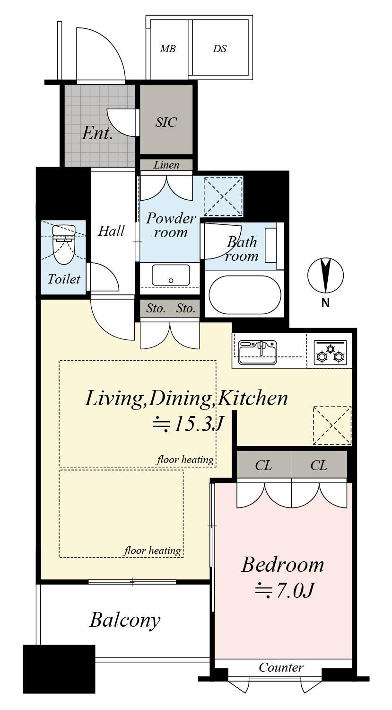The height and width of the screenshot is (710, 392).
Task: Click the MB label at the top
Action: [x=168, y=49]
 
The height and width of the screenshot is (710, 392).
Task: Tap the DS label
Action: [x=220, y=49]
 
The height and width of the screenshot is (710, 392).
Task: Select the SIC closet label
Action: [x=166, y=122]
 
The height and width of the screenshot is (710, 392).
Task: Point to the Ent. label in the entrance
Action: [x=97, y=133]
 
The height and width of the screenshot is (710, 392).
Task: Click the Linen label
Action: [x=166, y=165]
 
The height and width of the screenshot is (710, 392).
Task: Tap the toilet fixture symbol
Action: [x=64, y=244]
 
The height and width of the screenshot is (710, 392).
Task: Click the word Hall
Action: [x=111, y=231]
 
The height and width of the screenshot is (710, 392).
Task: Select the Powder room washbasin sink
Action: [x=171, y=275]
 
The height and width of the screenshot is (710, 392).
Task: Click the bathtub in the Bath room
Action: [x=245, y=294]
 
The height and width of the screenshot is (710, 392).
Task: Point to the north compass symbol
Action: [x=325, y=275]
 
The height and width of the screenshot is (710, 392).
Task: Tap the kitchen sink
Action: [x=257, y=352]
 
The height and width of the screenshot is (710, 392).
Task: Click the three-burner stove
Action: [x=330, y=352]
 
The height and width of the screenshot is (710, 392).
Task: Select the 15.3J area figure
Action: [x=189, y=424]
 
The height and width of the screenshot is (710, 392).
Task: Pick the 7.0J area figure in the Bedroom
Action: [x=285, y=590]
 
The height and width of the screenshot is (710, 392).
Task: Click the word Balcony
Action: [x=125, y=620]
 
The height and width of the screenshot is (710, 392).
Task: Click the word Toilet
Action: [x=64, y=279]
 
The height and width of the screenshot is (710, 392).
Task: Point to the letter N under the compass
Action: [x=325, y=303]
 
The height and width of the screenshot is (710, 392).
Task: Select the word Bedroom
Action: [x=283, y=565]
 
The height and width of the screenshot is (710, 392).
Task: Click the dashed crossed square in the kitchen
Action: [x=332, y=426]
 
